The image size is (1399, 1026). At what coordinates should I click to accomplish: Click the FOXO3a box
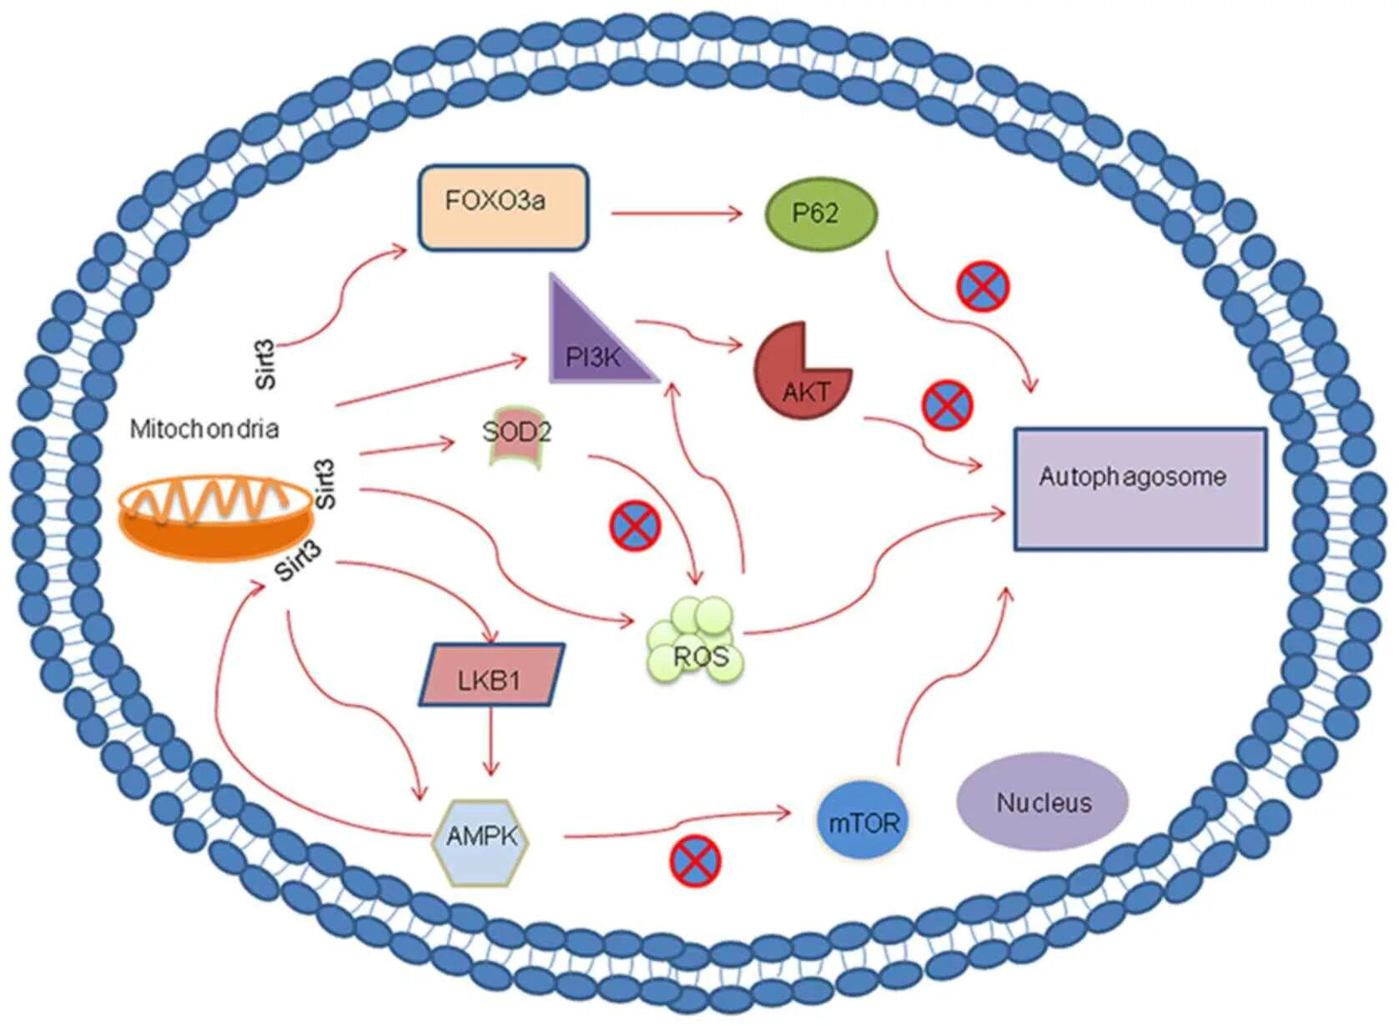click(503, 208)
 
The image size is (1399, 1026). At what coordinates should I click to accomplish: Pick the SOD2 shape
click(516, 436)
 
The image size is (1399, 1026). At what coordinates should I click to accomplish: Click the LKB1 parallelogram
click(491, 675)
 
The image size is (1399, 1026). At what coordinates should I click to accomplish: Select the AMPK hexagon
click(481, 842)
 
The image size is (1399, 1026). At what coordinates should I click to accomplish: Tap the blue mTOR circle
click(863, 823)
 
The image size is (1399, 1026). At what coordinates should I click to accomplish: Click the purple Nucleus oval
click(1043, 802)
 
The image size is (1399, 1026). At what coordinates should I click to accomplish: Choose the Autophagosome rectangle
click(1140, 489)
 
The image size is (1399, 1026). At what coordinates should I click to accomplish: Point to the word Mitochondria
click(204, 430)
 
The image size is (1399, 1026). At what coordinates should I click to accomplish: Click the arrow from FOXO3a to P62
click(677, 214)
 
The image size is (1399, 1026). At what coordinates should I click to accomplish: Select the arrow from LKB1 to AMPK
click(491, 742)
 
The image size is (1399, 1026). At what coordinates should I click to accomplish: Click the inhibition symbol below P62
click(983, 288)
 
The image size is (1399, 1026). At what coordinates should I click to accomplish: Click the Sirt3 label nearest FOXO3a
click(265, 365)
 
